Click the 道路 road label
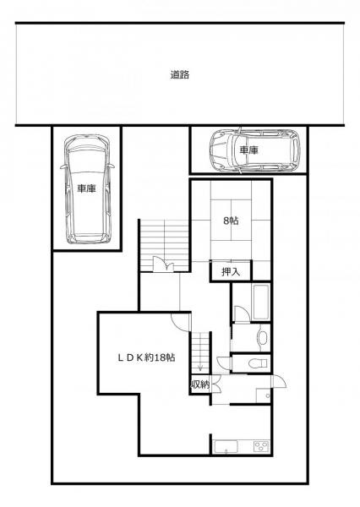click(x=180, y=74)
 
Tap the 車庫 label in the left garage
click(x=86, y=188)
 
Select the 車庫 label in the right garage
click(x=248, y=150)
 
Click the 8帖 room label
click(x=231, y=221)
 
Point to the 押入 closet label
click(x=231, y=272)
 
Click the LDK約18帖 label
click(x=146, y=357)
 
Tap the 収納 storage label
click(x=200, y=384)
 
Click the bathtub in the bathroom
click(x=260, y=302)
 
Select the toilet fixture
click(x=258, y=363)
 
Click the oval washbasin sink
click(x=262, y=337)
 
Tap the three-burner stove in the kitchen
click(x=261, y=446)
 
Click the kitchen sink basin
click(x=226, y=447)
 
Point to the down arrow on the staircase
click(x=200, y=366)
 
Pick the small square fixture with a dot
click(x=263, y=395)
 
